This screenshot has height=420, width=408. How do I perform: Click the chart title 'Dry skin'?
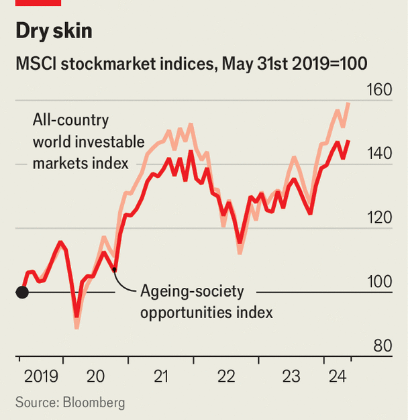54,32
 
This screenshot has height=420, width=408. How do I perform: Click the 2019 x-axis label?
40,378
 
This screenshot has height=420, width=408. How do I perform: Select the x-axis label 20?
95,378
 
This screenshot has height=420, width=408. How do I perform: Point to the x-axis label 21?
160,378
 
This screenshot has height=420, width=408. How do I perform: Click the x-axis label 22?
226,378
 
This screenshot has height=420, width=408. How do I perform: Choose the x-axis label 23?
291,378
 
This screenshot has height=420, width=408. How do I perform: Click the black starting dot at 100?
22,292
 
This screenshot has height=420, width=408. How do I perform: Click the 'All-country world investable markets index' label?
88,142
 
